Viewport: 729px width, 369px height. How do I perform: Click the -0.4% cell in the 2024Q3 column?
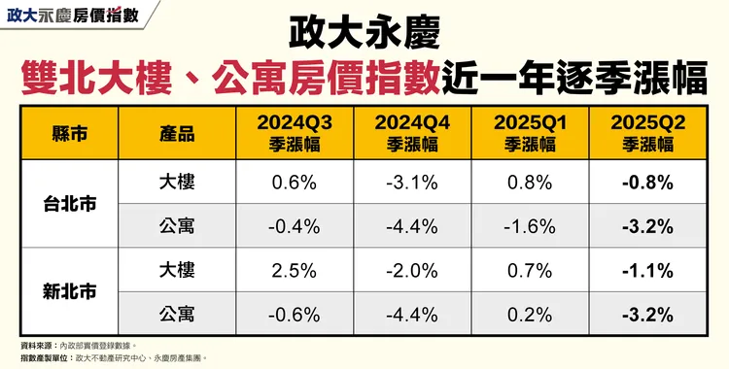tap(294, 226)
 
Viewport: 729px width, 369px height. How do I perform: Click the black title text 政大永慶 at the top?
tap(364, 35)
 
